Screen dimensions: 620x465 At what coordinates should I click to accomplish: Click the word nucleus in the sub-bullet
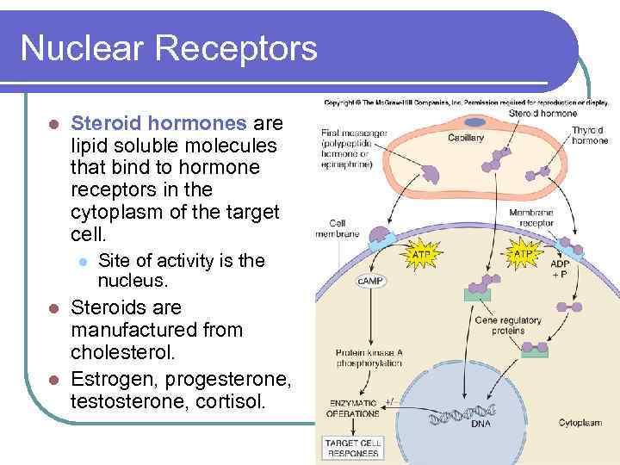132,282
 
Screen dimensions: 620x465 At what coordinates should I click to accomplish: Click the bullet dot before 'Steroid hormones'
53,124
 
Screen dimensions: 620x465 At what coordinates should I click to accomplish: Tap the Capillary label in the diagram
465,138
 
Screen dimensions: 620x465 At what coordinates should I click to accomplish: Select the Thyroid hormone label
589,135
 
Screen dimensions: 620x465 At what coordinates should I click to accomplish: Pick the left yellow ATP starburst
420,255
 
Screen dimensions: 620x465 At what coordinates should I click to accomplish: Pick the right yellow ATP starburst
523,254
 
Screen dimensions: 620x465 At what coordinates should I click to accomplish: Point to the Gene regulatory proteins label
507,325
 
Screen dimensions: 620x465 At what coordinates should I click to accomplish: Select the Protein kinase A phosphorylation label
369,358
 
